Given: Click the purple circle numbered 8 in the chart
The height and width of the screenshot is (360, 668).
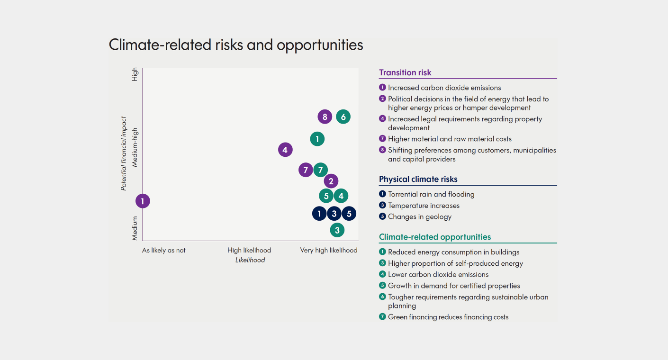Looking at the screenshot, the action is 325,117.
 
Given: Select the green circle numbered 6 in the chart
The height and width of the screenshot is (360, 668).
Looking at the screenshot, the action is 343,117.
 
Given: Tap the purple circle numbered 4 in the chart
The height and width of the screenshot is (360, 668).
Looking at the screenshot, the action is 285,150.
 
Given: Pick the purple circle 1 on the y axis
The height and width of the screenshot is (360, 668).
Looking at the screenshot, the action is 143,201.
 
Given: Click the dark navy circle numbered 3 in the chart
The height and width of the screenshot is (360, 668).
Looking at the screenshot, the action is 334,214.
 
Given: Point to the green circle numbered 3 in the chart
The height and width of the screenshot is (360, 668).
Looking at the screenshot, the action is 337,230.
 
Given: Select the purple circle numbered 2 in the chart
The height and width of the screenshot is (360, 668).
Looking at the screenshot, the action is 331,181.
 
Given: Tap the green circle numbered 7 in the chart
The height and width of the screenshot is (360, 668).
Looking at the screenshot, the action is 321,170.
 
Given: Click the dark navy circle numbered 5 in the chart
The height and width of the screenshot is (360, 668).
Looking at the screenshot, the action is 349,214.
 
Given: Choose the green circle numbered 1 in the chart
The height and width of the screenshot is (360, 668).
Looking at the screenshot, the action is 317,139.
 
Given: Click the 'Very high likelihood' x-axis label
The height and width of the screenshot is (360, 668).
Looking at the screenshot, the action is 329,250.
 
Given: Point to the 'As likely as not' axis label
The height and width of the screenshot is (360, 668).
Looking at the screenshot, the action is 164,250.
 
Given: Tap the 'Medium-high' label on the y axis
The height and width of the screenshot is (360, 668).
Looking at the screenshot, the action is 135,148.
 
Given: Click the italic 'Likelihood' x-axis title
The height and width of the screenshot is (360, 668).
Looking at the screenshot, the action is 250,260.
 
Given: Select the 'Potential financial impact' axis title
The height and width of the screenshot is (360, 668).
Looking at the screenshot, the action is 124,153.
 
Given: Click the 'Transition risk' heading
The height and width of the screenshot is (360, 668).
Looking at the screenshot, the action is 405,72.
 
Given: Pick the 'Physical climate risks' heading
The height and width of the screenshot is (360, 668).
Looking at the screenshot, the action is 418,179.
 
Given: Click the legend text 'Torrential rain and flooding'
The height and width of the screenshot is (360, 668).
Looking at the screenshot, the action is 431,194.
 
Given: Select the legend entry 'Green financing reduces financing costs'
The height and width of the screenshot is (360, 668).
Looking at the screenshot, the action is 448,317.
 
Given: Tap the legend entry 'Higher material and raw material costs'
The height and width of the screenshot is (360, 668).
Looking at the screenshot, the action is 450,139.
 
